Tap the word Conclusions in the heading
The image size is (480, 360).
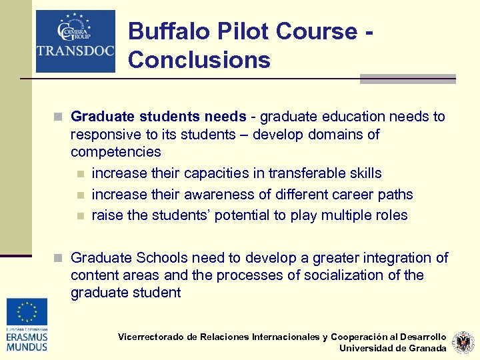(x=199, y=60)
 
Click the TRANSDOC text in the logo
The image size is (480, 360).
(x=75, y=51)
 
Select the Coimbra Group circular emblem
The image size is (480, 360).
(x=75, y=29)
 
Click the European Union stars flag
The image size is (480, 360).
(x=27, y=311)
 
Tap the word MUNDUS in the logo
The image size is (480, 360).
(x=27, y=347)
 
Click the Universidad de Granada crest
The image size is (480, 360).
(x=463, y=343)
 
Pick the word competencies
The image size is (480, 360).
(x=116, y=152)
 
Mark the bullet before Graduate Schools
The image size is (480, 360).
(x=59, y=258)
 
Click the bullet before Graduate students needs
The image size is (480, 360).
(x=59, y=117)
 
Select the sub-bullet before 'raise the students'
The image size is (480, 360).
(x=81, y=216)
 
